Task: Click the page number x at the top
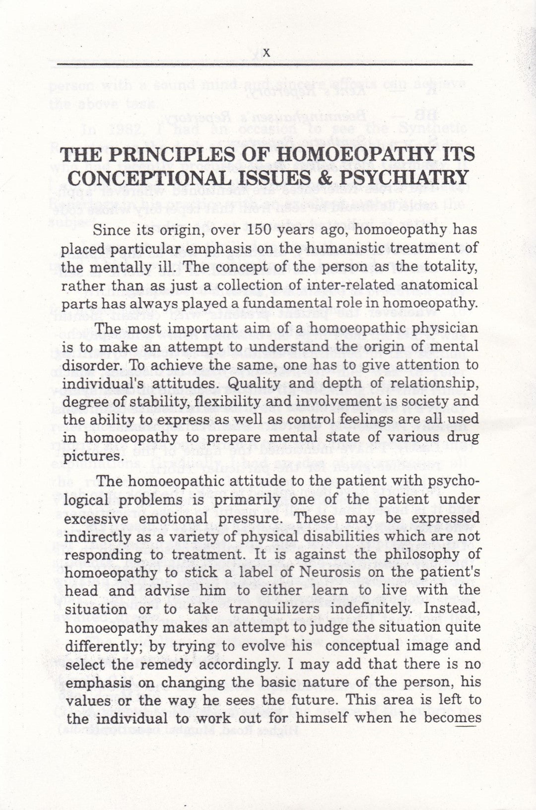point(267,53)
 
